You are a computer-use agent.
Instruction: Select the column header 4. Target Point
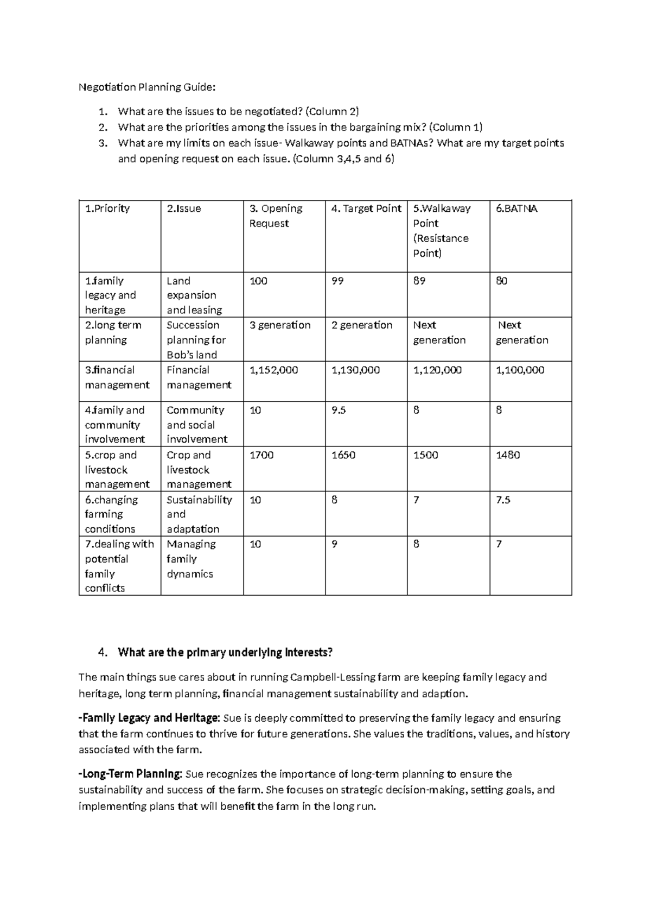pyautogui.click(x=366, y=209)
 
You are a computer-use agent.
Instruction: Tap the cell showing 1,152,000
pyautogui.click(x=273, y=370)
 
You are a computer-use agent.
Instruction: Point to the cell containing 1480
pyautogui.click(x=508, y=455)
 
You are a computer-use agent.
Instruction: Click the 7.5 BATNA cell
pyautogui.click(x=503, y=500)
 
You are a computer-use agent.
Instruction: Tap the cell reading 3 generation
pyautogui.click(x=280, y=325)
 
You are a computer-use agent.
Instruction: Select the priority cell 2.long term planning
pyautogui.click(x=113, y=332)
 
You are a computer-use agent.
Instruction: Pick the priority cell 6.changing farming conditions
pyautogui.click(x=111, y=514)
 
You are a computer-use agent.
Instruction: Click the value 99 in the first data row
pyautogui.click(x=337, y=281)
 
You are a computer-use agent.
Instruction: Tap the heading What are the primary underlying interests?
pyautogui.click(x=225, y=652)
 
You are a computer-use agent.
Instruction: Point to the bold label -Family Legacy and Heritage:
pyautogui.click(x=149, y=718)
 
